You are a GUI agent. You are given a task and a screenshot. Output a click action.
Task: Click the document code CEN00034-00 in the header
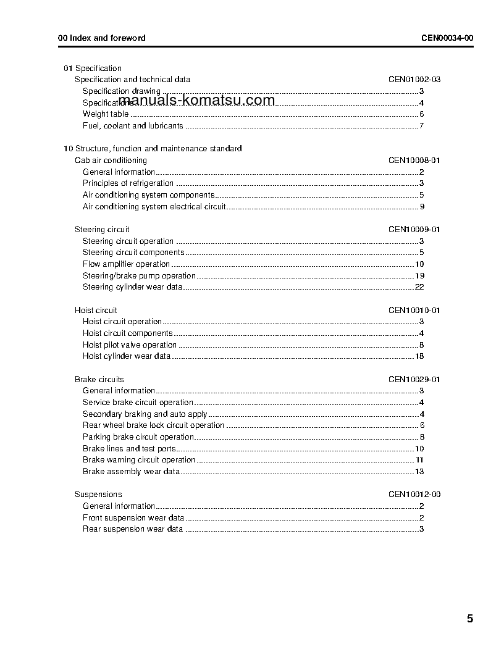(x=447, y=38)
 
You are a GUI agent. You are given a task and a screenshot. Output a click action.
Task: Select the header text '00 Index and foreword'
(x=102, y=38)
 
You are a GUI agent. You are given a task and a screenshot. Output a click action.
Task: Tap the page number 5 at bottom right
(x=470, y=619)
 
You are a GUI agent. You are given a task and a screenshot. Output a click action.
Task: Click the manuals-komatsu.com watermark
(x=196, y=101)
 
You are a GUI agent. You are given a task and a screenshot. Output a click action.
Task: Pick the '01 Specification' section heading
(x=93, y=68)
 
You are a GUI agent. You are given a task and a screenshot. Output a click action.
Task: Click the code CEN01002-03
(x=414, y=80)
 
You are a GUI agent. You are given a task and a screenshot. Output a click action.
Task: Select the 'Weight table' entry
(x=106, y=114)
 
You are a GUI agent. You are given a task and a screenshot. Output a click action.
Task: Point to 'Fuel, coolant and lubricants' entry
(x=133, y=126)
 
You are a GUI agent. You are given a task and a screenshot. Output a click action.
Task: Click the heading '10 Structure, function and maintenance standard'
(x=153, y=149)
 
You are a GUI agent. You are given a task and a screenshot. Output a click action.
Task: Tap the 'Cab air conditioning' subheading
(x=111, y=161)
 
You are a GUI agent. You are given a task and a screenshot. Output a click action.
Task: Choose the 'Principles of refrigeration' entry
(x=128, y=183)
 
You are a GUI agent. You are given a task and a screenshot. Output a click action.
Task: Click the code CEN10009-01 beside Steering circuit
(x=414, y=230)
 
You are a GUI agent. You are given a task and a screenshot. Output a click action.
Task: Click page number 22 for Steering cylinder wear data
(x=419, y=287)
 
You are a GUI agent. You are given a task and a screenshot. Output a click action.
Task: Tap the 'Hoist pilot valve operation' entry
(x=130, y=345)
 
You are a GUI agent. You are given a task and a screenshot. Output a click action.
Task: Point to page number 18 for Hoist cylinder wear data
(x=419, y=356)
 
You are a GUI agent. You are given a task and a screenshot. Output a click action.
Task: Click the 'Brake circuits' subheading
(x=99, y=380)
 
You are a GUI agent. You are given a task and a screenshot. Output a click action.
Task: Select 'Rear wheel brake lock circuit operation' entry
(x=153, y=425)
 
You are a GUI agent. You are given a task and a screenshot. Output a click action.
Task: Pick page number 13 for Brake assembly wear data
(x=419, y=472)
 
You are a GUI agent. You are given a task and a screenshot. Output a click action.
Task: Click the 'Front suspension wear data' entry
(x=133, y=518)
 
